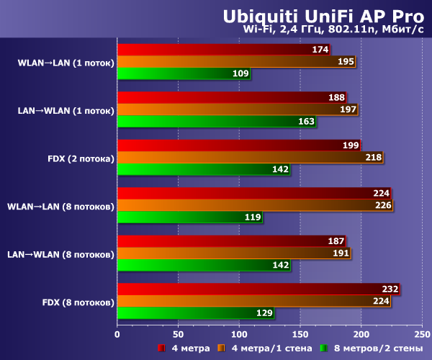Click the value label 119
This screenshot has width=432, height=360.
pyautogui.click(x=252, y=217)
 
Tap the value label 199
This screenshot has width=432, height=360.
pyautogui.click(x=351, y=145)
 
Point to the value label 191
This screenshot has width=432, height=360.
pyautogui.click(x=341, y=253)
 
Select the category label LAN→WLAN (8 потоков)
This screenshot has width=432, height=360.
pyautogui.click(x=60, y=253)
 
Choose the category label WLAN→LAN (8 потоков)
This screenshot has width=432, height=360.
pyautogui.click(x=60, y=206)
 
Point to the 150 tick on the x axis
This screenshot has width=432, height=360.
pyautogui.click(x=300, y=334)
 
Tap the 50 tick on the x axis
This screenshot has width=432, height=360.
pyautogui.click(x=178, y=334)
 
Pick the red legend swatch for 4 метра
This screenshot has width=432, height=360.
pyautogui.click(x=162, y=348)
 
